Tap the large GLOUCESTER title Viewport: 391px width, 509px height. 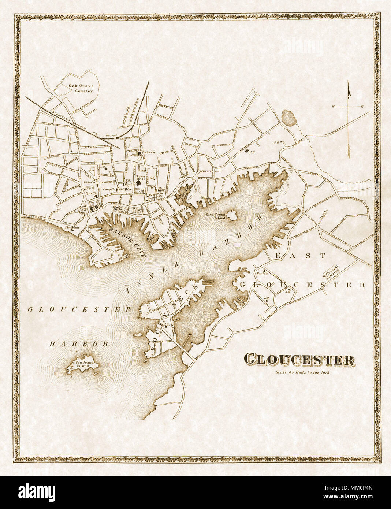point(299,359)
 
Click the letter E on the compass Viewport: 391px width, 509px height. point(361,107)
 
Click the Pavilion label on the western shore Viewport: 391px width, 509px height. point(72,227)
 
